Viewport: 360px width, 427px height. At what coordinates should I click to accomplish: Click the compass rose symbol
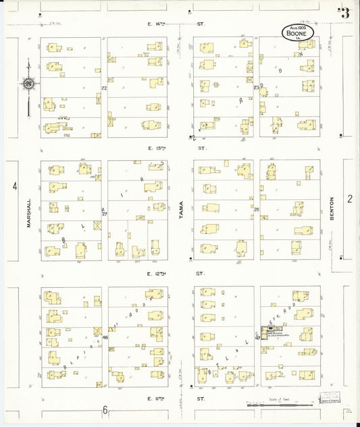pos(29,84)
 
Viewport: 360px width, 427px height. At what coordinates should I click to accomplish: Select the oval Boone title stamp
pos(298,33)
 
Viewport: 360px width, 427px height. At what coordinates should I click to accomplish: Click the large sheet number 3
pos(345,13)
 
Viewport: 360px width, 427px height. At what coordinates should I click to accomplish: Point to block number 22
pos(104,88)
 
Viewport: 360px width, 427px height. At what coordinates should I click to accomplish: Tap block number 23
pos(256,88)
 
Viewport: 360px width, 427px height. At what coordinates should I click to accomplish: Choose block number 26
pos(257,210)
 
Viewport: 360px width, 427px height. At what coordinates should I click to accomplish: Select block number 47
pos(257,338)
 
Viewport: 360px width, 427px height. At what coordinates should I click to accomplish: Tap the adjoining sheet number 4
pos(15,186)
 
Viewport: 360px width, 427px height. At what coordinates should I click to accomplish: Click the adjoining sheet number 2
pos(350,198)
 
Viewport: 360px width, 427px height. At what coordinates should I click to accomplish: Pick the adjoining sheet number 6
pos(105,410)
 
